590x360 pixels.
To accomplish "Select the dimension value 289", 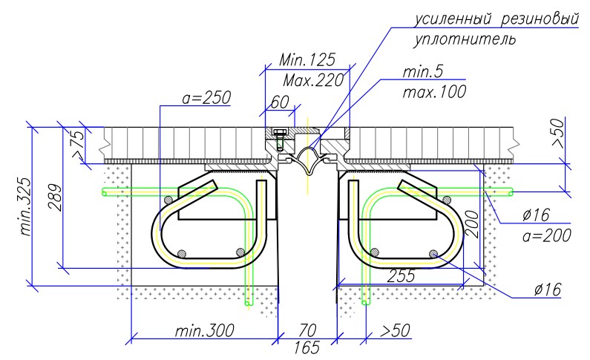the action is [55, 197].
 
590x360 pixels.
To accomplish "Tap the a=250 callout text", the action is [206, 98].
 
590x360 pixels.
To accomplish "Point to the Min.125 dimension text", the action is [307, 60].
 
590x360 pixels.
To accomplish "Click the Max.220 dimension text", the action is [313, 80].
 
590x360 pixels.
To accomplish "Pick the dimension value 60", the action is [280, 102].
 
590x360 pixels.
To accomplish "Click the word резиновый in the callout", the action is [540, 19].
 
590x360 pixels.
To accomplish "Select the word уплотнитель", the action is [465, 39].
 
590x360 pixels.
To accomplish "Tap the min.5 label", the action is [423, 71].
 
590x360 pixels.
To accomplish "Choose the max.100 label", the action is [434, 92].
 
